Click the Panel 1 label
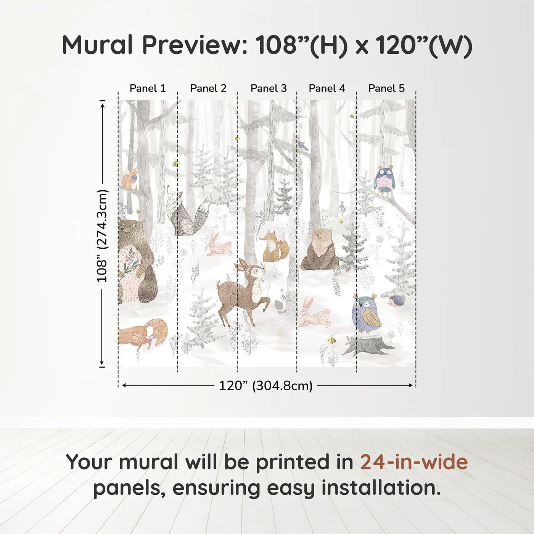148,88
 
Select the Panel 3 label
269,88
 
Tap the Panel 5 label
386,88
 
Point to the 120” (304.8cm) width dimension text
265,386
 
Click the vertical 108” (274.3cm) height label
102,236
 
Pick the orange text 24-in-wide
414,462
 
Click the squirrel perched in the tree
130,179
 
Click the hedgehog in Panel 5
397,301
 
